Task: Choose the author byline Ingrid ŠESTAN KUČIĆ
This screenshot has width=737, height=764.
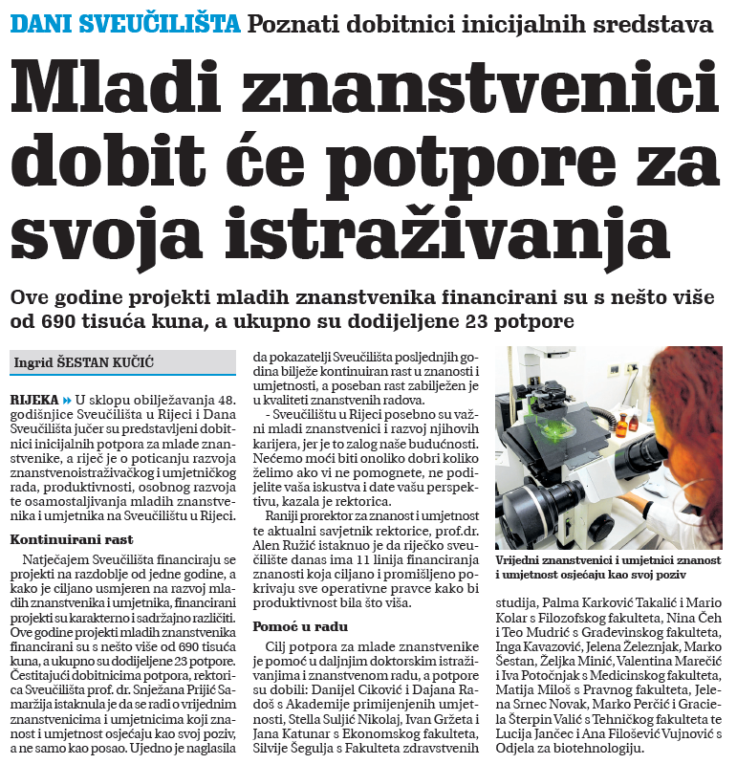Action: pyautogui.click(x=84, y=362)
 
